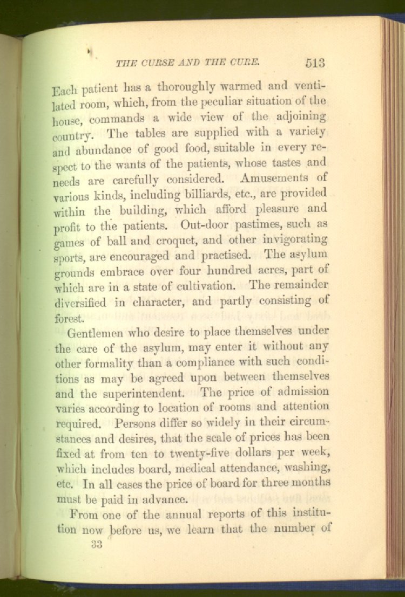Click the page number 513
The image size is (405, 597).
(x=314, y=62)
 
